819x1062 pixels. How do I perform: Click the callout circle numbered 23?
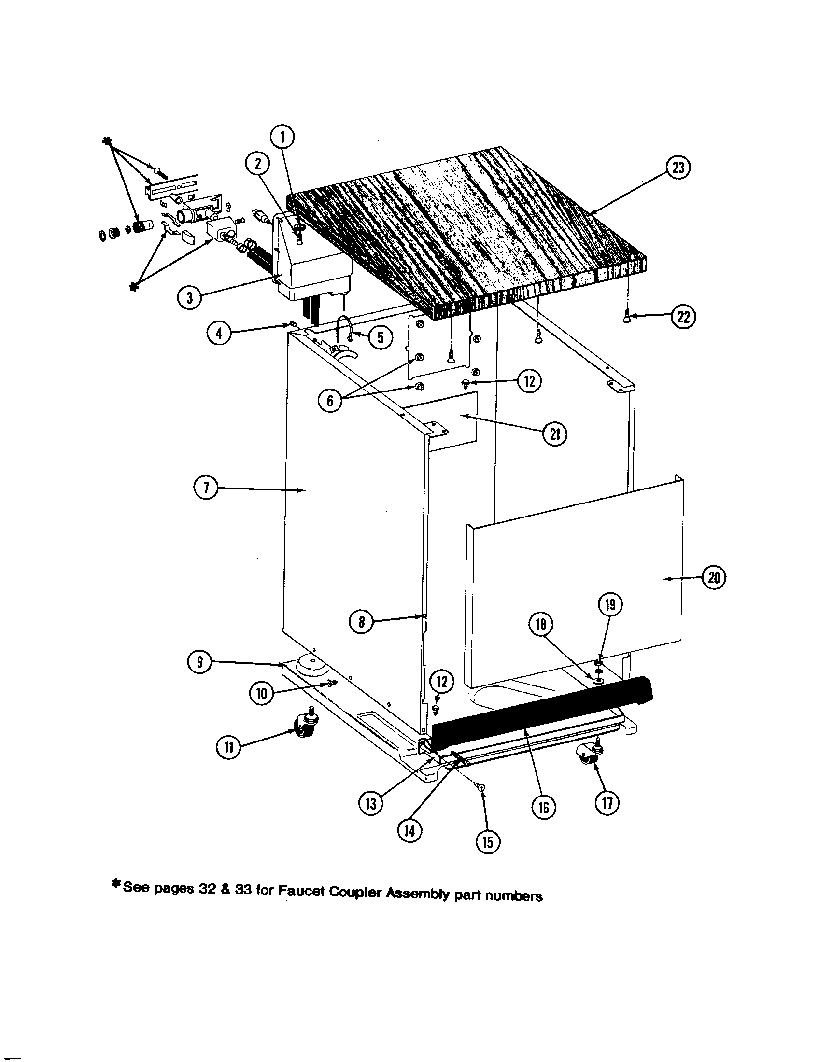[678, 168]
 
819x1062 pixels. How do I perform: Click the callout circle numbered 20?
[714, 578]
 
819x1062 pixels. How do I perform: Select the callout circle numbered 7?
[205, 489]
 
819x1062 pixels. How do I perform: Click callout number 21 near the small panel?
[554, 434]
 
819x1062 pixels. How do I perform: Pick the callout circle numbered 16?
[543, 808]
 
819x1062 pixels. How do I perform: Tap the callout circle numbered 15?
[488, 843]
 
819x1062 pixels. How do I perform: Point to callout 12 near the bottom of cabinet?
[441, 681]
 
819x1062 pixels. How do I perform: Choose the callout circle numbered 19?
[610, 604]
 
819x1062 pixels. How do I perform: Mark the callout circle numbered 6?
[330, 402]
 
